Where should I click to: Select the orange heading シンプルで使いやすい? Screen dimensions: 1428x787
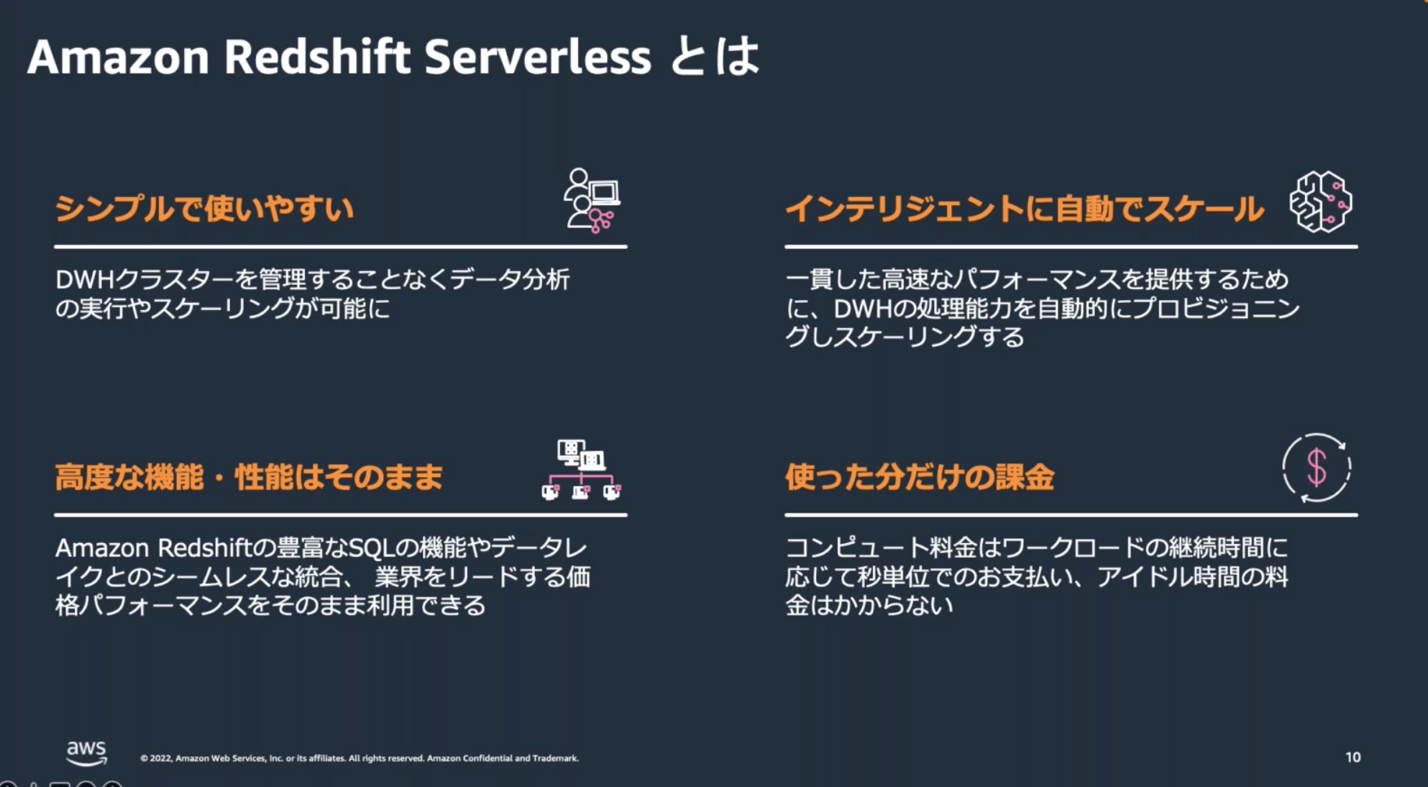204,209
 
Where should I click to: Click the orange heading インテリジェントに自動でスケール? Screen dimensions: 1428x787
1024,209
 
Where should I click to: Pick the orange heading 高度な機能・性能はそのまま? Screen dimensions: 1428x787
249,477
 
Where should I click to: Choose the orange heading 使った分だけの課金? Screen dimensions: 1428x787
920,477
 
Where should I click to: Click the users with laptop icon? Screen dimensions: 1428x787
592,201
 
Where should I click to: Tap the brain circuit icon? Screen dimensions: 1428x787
1320,201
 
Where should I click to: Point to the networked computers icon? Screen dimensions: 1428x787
581,470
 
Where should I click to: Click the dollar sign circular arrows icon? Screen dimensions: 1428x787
1317,468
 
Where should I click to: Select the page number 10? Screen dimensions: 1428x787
1353,757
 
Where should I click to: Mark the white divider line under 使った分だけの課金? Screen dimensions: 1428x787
1071,515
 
